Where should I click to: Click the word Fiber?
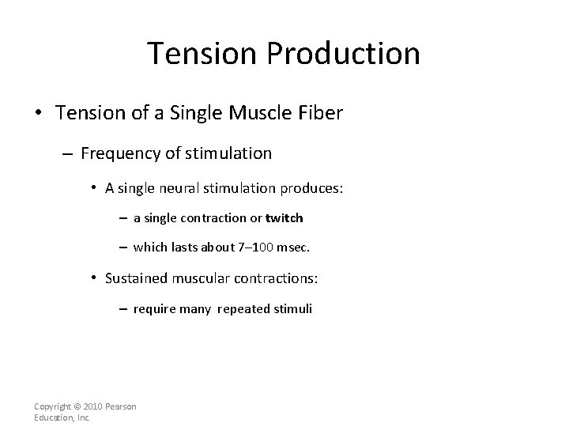(x=322, y=113)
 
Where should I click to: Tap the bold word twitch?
(x=284, y=217)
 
